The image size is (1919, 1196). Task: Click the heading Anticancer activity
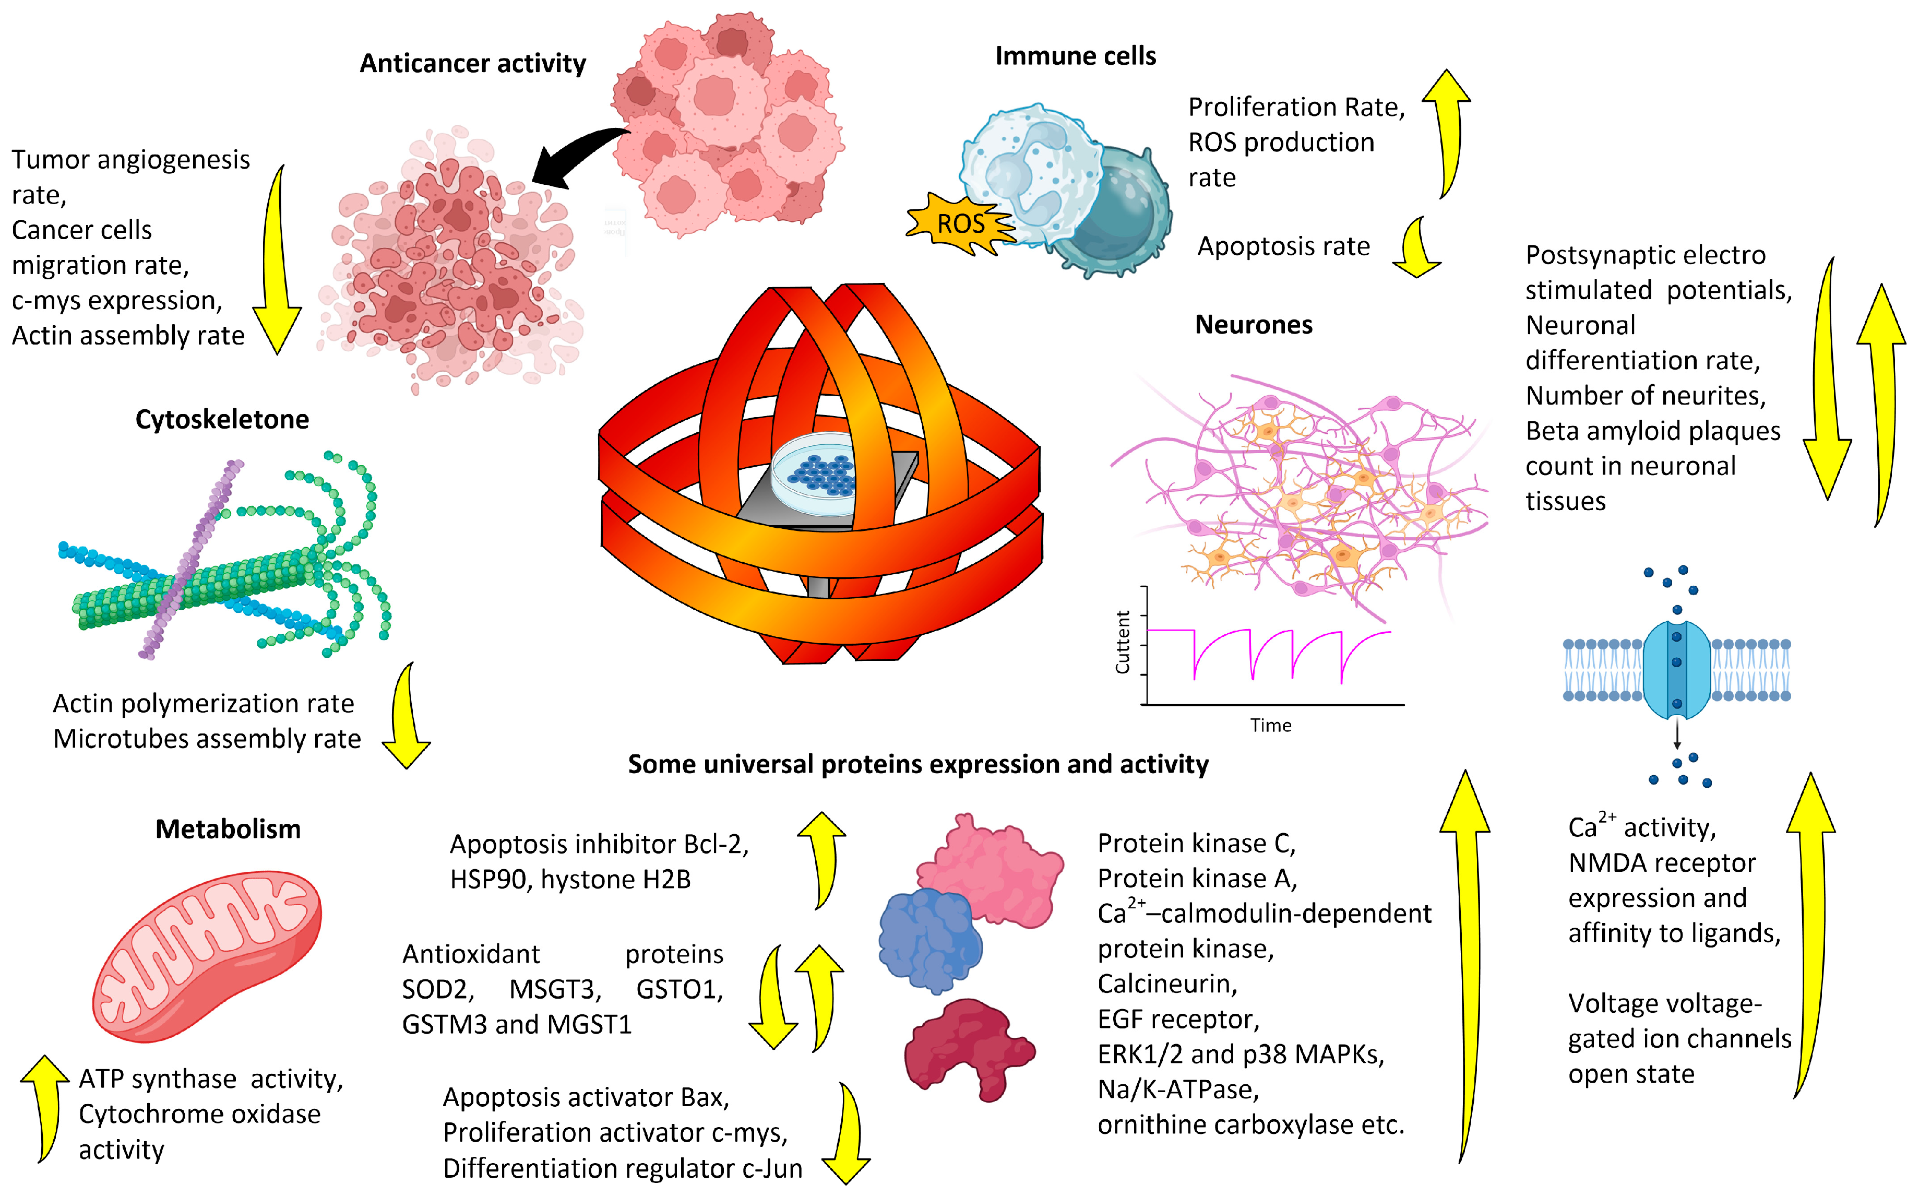(473, 63)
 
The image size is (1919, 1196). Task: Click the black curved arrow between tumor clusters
(577, 158)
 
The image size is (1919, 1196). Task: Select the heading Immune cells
(1075, 56)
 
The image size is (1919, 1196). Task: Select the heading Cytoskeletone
(222, 419)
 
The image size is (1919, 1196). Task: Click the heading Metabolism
(228, 829)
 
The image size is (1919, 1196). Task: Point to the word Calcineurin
(1167, 984)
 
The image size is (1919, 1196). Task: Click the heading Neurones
(1253, 325)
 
